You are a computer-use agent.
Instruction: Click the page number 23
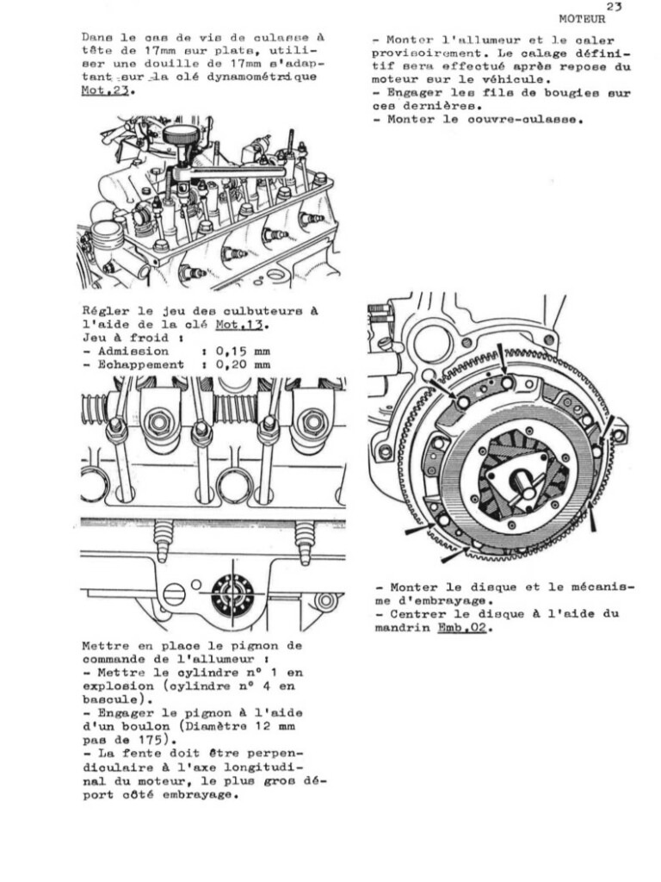[614, 6]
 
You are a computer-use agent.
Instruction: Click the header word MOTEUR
[582, 17]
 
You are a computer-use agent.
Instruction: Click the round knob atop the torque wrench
[181, 136]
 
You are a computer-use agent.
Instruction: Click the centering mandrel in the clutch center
[522, 487]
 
